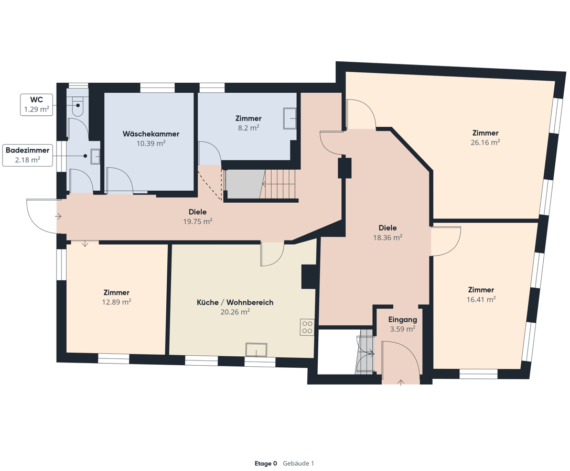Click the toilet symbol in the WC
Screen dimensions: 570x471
(78, 106)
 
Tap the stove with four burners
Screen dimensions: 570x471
(307, 327)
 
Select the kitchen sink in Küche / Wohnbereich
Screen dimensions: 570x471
(256, 349)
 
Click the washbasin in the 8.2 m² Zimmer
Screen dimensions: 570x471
(290, 118)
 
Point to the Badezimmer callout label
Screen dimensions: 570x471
(28, 155)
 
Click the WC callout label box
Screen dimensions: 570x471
(36, 105)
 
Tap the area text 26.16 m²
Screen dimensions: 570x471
(485, 143)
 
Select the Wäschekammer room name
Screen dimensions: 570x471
(151, 134)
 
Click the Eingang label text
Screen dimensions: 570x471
(402, 320)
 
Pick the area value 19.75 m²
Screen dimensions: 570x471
(197, 221)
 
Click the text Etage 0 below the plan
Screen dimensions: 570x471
(266, 463)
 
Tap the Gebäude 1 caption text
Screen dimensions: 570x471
(298, 463)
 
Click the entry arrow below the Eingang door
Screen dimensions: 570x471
(401, 382)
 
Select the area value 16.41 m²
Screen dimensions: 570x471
(481, 300)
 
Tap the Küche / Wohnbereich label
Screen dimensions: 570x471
(235, 302)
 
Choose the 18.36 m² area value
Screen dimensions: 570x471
(388, 237)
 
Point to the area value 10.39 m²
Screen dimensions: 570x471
(151, 144)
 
